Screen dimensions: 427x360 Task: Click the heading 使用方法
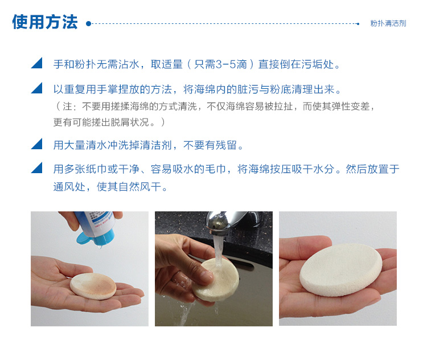45,22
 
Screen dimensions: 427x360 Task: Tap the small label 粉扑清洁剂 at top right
388,23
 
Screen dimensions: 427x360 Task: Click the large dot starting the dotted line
88,24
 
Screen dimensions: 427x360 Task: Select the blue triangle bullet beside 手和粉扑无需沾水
37,63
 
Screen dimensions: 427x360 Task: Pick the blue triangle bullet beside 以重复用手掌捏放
37,88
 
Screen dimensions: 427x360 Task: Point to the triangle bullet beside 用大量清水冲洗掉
37,144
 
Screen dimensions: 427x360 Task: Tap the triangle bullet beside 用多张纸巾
37,167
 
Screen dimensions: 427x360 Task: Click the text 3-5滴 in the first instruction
231,64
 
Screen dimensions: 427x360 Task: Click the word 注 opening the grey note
67,107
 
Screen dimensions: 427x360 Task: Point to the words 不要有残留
210,145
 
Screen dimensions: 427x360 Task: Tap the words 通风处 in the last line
69,187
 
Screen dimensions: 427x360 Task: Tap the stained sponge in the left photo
93,287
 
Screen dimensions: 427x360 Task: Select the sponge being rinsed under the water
215,280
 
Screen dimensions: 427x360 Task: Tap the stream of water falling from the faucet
217,250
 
